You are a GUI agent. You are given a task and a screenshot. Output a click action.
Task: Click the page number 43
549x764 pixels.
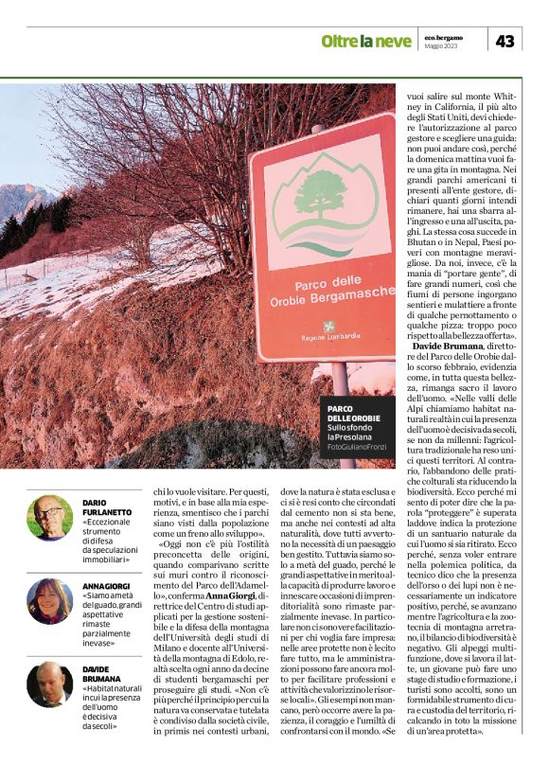(x=505, y=40)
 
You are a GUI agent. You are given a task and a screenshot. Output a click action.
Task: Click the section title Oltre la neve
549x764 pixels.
(x=365, y=41)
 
